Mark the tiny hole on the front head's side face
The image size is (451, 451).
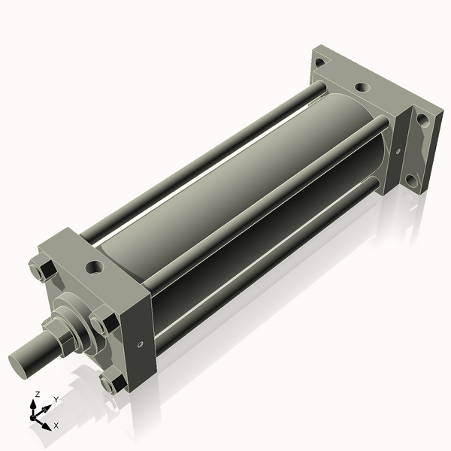tap(141, 346)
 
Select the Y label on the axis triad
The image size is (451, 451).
tap(56, 399)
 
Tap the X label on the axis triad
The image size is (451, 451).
tap(56, 425)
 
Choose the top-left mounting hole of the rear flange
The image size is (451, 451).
tap(319, 62)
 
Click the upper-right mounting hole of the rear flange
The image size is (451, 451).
tap(423, 120)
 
